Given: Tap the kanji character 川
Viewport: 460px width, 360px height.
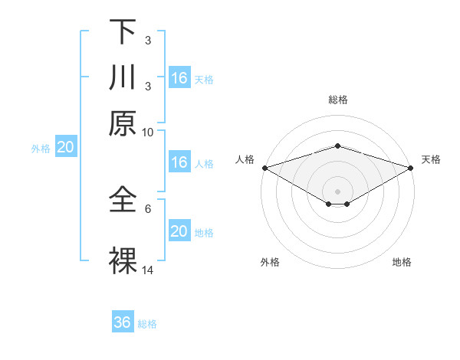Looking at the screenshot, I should click(123, 77).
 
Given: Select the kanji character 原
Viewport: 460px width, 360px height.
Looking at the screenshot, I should click(123, 123).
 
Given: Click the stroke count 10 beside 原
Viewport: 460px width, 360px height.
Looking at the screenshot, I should click(148, 132).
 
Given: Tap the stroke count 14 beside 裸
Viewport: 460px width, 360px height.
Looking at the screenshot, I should click(148, 270).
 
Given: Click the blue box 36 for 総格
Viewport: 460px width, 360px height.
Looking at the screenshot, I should click(123, 322).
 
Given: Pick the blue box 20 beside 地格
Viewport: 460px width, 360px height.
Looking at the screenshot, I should click(179, 232).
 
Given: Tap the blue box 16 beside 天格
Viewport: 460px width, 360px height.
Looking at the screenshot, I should click(179, 78).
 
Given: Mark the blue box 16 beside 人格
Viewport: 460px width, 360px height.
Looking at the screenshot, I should click(179, 162).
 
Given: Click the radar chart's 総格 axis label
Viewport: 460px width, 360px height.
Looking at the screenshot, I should click(338, 100).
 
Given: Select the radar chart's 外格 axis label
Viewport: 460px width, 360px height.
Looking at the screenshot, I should click(270, 263).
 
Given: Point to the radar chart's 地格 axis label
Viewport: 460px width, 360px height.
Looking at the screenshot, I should click(402, 263).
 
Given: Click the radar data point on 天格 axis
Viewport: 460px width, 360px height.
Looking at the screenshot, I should click(411, 168).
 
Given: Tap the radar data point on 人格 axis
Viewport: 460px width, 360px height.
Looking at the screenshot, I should click(264, 168).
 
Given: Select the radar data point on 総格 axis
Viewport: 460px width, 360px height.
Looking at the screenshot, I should click(338, 146).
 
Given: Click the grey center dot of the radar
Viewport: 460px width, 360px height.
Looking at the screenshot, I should click(338, 191).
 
